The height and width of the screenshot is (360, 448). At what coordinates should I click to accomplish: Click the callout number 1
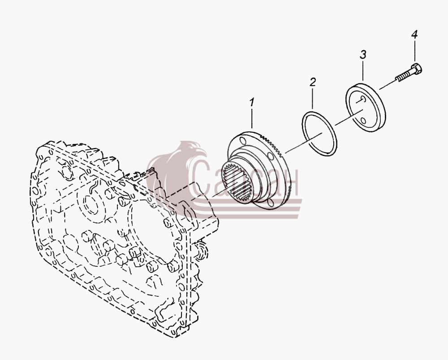[x=251, y=102]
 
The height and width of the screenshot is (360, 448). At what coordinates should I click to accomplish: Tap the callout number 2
[x=313, y=82]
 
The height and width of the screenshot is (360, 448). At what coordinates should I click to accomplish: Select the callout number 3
[x=363, y=54]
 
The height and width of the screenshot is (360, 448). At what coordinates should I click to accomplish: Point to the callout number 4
[x=414, y=35]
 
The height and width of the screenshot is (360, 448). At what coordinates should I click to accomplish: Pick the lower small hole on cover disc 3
[x=363, y=121]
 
